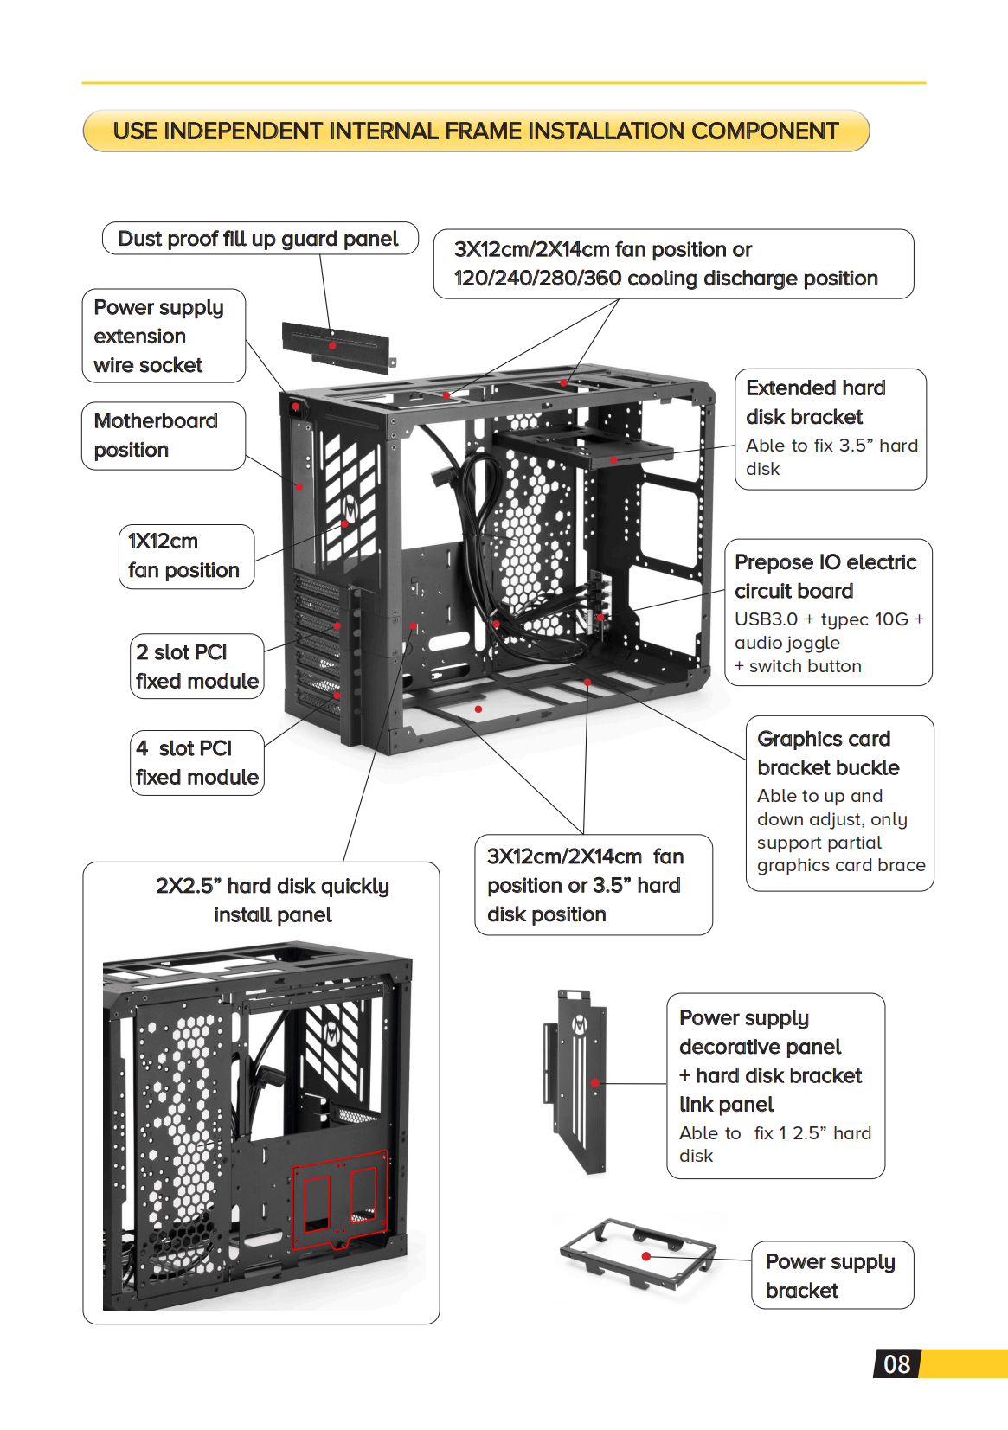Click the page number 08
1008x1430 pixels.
[896, 1364]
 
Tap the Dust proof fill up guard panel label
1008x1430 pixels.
[259, 239]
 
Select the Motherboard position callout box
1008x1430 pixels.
[163, 435]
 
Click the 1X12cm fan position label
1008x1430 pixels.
[184, 556]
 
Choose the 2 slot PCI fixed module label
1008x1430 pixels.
[196, 666]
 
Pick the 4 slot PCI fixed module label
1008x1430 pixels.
[196, 762]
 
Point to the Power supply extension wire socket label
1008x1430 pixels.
[163, 336]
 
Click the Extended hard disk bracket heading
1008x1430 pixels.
[816, 402]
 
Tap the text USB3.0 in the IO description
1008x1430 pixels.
[766, 619]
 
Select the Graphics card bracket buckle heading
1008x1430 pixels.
[827, 753]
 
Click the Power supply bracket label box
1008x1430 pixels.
[831, 1275]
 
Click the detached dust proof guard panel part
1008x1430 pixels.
[337, 347]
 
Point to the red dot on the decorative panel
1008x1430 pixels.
[595, 1082]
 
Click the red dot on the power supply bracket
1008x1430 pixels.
[645, 1256]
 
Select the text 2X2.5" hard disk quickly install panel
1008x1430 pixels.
[273, 900]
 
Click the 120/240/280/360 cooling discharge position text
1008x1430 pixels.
[665, 279]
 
